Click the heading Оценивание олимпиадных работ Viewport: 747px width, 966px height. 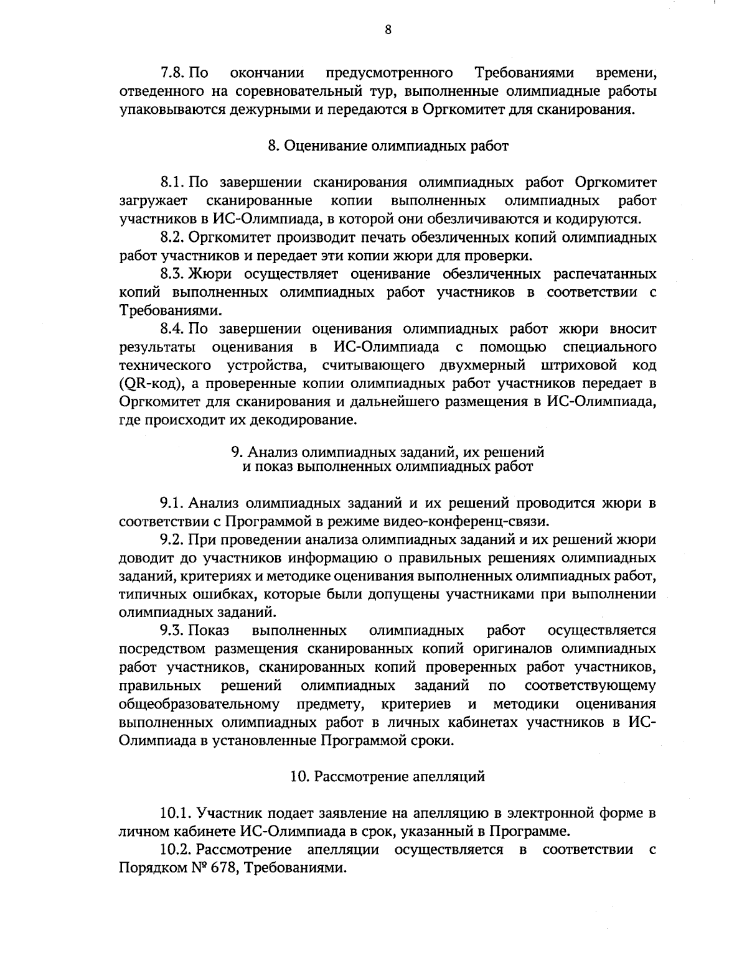click(397, 146)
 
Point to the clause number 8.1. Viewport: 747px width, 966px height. click(174, 183)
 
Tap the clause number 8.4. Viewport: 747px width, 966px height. click(174, 328)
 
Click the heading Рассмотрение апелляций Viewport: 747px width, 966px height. click(396, 776)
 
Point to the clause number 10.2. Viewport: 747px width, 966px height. click(177, 850)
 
